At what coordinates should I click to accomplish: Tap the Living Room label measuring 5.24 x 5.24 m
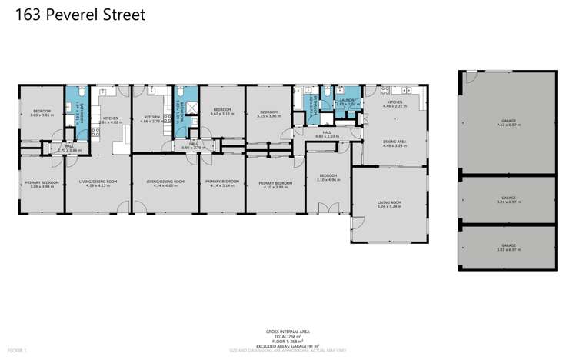coord(390,205)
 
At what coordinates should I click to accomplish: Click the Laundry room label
coord(344,102)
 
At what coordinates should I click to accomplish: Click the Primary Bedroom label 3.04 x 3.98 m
coord(41,185)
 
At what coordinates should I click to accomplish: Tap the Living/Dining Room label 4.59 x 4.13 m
coord(98,184)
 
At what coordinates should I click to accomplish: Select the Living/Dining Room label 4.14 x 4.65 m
coord(165,184)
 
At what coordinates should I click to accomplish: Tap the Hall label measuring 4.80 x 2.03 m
coord(327,135)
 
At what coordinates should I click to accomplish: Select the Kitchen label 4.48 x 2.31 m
coord(395,104)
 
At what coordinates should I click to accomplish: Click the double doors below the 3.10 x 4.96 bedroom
coord(328,208)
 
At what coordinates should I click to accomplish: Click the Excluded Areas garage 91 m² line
coord(288,347)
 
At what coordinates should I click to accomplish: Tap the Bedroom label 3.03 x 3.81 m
coord(41,113)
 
